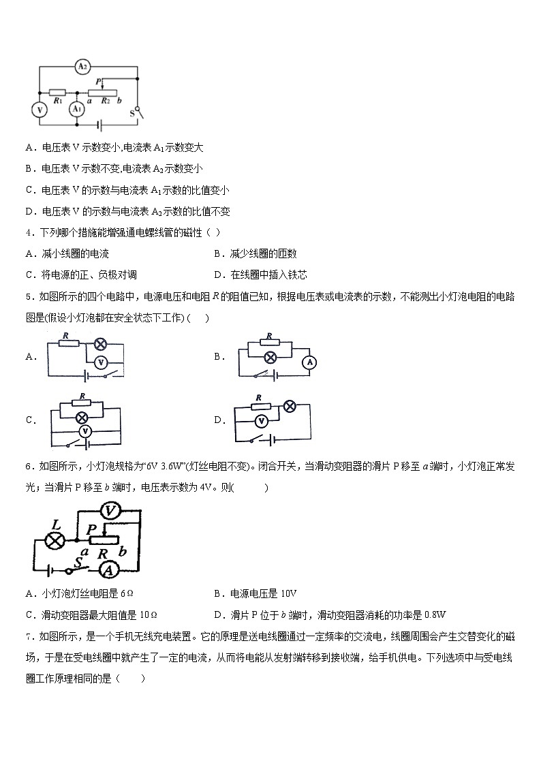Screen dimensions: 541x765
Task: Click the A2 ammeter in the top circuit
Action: (x=82, y=67)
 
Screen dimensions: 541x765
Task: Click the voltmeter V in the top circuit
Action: (x=40, y=109)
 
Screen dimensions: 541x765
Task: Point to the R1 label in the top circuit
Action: (x=57, y=101)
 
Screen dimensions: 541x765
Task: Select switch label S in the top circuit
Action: (x=132, y=114)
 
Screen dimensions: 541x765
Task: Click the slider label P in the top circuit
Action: (x=98, y=81)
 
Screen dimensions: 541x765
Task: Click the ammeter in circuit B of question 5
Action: (x=309, y=362)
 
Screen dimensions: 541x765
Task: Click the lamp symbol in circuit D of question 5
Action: (x=289, y=406)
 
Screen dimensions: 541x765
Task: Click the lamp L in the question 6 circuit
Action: (x=54, y=541)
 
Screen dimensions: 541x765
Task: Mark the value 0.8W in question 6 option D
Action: (x=434, y=614)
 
